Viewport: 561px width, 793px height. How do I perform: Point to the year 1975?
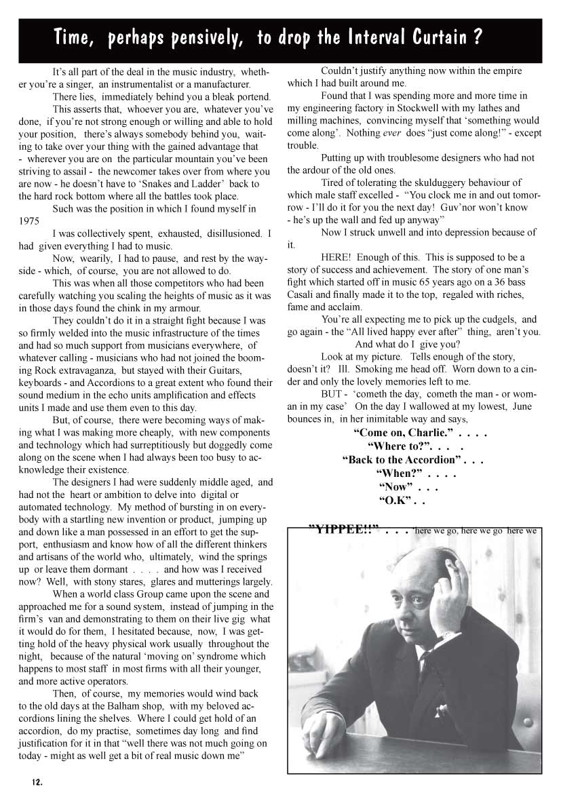pos(30,221)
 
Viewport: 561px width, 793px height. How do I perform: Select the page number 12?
pos(37,781)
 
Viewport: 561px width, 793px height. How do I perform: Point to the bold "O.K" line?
pos(396,501)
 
